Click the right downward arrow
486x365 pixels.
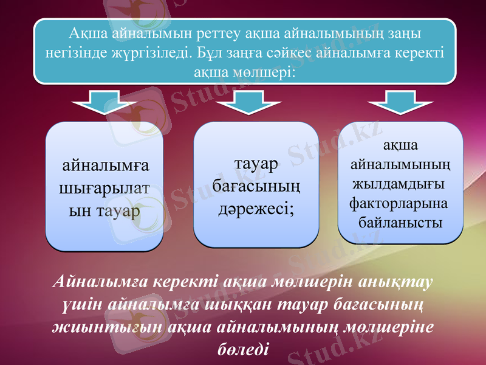point(394,102)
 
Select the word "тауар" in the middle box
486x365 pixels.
point(256,164)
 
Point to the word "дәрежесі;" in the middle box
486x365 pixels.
point(256,209)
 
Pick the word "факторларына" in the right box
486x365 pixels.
point(399,202)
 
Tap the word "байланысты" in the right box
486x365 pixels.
point(400,221)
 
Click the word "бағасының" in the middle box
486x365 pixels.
point(256,187)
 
